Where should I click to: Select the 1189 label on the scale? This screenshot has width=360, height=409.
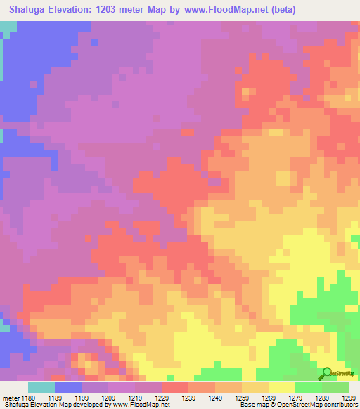pyautogui.click(x=67, y=398)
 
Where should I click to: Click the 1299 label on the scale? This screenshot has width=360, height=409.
pyautogui.click(x=349, y=398)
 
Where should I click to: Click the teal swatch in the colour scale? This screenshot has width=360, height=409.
pyautogui.click(x=41, y=387)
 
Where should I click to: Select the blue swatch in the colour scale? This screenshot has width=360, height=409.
pyautogui.click(x=67, y=387)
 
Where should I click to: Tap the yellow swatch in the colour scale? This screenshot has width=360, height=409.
pyautogui.click(x=281, y=387)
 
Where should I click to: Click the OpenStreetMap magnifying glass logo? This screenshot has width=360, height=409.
pyautogui.click(x=326, y=373)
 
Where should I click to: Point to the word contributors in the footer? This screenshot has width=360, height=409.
pyautogui.click(x=342, y=405)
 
